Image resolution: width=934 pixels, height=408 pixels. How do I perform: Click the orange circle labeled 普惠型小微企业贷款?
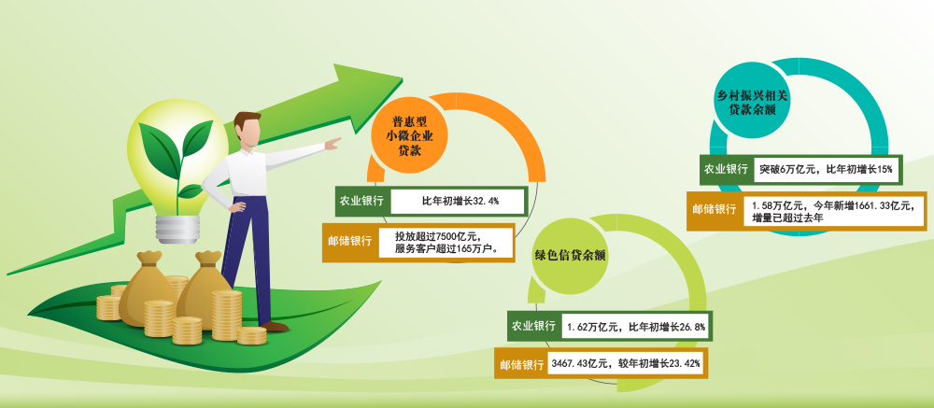point(409,137)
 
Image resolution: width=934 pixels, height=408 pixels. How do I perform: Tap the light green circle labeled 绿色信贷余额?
point(570,257)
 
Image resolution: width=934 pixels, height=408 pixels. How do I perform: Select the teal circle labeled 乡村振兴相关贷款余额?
point(752,101)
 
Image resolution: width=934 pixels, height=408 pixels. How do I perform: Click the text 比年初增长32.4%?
point(460,202)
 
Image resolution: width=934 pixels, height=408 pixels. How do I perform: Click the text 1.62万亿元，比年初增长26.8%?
point(636,327)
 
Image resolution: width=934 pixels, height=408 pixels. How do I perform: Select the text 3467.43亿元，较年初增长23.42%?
point(626,363)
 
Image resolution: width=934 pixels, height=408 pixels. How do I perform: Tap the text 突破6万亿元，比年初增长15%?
point(826,169)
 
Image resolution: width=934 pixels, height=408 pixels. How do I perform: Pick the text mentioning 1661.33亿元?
point(833,211)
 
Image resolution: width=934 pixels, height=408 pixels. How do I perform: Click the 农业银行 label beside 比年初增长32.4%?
point(361,201)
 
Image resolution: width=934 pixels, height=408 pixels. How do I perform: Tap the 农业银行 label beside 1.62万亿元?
point(533,327)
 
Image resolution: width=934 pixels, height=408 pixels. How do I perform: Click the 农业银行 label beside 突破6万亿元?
point(726,169)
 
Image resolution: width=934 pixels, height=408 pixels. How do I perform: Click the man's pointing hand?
point(333,143)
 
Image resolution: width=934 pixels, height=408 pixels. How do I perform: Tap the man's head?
point(248,130)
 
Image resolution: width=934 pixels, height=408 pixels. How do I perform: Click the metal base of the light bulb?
point(177,229)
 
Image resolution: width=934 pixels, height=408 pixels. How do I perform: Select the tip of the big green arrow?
point(403,78)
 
